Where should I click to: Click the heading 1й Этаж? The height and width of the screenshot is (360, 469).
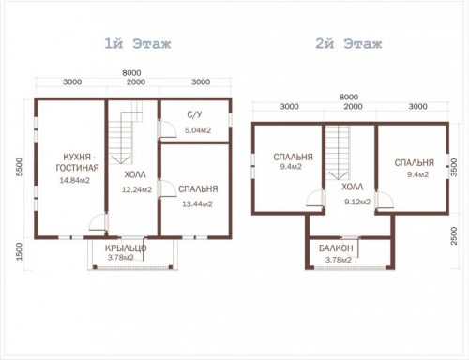pos(138,44)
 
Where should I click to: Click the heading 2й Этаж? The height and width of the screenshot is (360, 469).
pos(349,44)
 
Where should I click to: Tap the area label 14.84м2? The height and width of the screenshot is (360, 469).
pos(75,180)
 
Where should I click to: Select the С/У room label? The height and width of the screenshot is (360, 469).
pos(194,114)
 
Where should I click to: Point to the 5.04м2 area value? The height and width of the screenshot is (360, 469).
pos(198,130)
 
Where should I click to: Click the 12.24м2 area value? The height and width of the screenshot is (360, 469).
pos(137,189)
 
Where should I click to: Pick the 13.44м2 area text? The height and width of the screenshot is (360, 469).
pos(197,204)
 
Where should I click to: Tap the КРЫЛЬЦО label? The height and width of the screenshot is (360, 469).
pos(126,248)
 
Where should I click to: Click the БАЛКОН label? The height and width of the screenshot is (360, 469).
pos(336,248)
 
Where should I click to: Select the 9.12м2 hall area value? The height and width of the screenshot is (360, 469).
pos(357,202)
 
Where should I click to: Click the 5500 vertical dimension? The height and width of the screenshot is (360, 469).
pos(20,167)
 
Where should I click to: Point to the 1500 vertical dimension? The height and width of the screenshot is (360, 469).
pos(20,252)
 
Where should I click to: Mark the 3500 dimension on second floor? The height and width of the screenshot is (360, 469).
pos(454,168)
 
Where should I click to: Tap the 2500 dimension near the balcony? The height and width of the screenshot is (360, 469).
pos(454,236)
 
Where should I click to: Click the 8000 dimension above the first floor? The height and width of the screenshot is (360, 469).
pos(131,73)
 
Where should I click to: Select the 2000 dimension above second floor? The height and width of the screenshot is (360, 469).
pos(354,107)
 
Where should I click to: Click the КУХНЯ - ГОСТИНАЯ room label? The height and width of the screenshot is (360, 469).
pos(77,162)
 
